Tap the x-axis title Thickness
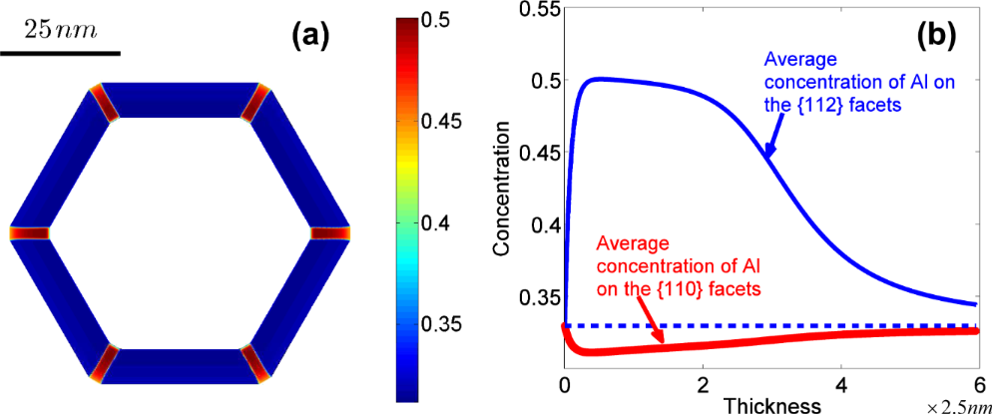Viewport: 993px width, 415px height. coord(772,405)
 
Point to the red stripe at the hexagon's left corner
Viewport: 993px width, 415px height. coord(30,232)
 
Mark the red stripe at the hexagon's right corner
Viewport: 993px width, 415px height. coord(329,232)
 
